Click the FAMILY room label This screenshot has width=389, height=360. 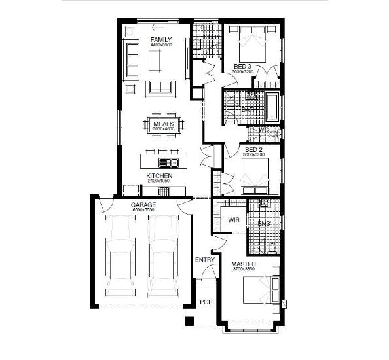point(160,40)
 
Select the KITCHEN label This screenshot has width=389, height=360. point(159,176)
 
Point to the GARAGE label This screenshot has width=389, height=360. point(143,205)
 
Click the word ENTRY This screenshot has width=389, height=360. point(205,260)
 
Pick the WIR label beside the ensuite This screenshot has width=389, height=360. point(232,220)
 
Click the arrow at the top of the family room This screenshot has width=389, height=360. point(157,27)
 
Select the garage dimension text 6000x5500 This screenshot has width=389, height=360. point(143,211)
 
